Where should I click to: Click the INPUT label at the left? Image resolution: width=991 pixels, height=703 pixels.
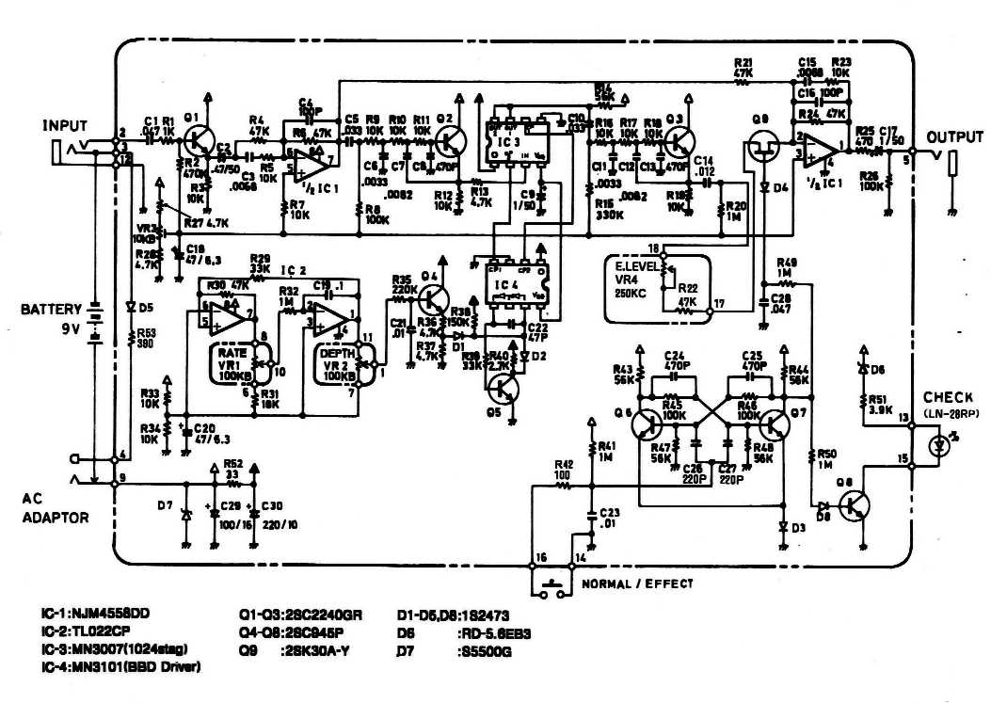click(x=64, y=125)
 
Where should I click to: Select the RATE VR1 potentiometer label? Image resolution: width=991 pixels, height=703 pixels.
click(x=233, y=362)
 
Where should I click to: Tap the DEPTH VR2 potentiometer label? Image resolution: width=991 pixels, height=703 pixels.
click(x=338, y=362)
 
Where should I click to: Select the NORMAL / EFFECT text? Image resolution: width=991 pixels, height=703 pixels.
click(x=637, y=583)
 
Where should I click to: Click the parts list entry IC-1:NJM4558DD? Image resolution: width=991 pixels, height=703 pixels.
click(x=94, y=614)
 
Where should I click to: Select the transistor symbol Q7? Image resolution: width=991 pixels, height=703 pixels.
click(x=776, y=424)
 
